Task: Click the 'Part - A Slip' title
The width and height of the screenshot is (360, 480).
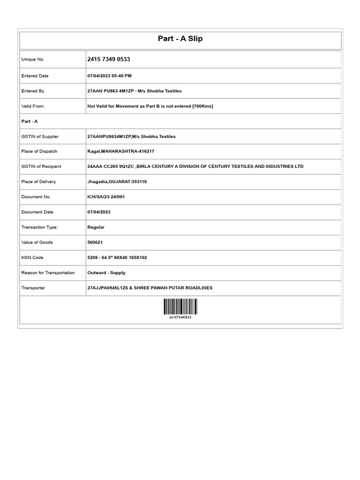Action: [x=180, y=38]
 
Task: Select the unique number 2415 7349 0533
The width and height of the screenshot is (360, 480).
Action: [x=109, y=60]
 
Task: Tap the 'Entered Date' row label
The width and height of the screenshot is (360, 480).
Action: [x=35, y=76]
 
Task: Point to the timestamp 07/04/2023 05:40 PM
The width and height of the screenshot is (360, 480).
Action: [x=109, y=76]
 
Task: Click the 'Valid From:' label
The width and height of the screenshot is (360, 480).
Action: [x=33, y=106]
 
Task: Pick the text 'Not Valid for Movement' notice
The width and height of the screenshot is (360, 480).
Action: [x=150, y=106]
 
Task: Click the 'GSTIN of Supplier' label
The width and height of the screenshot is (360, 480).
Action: [x=40, y=136]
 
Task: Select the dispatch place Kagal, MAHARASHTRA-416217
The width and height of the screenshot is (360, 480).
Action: [x=120, y=151]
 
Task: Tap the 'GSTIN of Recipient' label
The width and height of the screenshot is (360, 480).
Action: [x=41, y=166]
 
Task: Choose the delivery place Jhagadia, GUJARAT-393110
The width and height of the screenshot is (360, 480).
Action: [x=117, y=181]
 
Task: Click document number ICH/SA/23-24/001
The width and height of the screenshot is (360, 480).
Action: [x=106, y=197]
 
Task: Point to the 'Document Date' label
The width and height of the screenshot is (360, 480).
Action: [x=37, y=212]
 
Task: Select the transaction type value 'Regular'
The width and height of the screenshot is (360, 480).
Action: [x=96, y=227]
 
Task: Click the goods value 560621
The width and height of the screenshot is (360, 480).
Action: [x=95, y=242]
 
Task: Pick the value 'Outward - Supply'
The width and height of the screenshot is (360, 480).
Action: [x=106, y=272]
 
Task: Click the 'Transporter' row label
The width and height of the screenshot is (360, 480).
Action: [x=33, y=288]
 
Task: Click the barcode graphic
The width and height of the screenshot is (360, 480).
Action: [x=180, y=307]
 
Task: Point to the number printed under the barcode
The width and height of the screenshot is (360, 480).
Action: [x=180, y=317]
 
